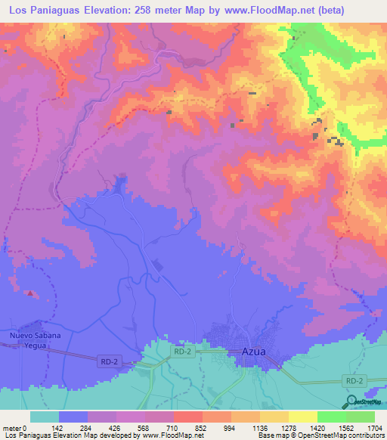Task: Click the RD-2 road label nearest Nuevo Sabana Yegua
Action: [109, 362]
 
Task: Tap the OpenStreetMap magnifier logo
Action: [353, 401]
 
